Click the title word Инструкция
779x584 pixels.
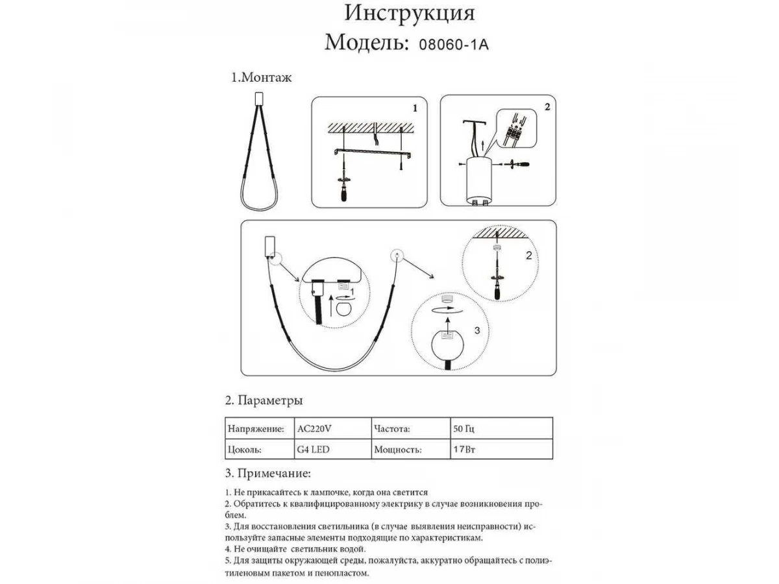pos(409,14)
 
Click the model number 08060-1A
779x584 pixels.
pos(452,45)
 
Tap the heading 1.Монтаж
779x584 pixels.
pos(262,79)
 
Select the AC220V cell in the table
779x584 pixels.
pos(315,430)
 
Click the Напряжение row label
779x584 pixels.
pos(256,430)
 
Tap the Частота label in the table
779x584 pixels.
pos(392,430)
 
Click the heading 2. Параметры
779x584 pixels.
pos(264,400)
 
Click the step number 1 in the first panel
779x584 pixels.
pos(415,106)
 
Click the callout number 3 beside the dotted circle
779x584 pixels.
pos(476,330)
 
